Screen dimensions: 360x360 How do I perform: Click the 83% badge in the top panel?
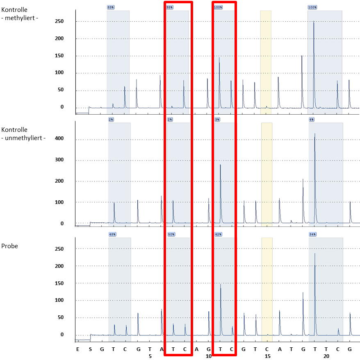tap(111, 7)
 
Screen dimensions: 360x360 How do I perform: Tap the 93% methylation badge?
tap(170, 7)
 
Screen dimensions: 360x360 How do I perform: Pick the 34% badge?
tap(313, 234)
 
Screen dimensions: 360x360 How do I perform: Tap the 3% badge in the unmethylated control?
tap(217, 120)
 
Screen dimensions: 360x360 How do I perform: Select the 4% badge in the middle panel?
tap(312, 120)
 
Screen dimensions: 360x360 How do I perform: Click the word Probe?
tap(9, 246)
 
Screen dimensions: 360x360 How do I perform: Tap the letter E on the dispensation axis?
tap(77, 349)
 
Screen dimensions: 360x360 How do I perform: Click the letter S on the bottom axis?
tap(91, 349)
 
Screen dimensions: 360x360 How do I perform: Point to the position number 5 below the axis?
tap(150, 356)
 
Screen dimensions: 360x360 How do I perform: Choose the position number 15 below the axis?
tap(267, 356)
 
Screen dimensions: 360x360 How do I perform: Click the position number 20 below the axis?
tap(326, 356)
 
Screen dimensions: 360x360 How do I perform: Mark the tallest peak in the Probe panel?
tap(315, 254)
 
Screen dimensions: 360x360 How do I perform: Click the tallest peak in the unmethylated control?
tap(315, 134)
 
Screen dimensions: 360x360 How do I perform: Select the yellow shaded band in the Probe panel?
tap(267, 287)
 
